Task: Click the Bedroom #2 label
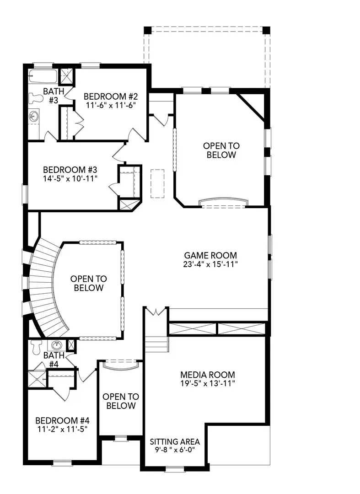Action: [x=111, y=96]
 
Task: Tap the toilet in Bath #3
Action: [x=35, y=98]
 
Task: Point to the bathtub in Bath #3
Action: [x=43, y=76]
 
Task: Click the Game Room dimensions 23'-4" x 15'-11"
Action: [x=210, y=264]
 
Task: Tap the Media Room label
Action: [x=208, y=375]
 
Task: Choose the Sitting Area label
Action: [x=175, y=442]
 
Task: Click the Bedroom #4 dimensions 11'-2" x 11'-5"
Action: [x=62, y=429]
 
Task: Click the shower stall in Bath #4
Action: [x=37, y=379]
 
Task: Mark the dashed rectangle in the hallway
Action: [x=157, y=184]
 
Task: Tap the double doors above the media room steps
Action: [x=156, y=311]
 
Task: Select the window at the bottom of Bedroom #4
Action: [x=62, y=463]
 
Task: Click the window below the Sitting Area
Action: [x=175, y=469]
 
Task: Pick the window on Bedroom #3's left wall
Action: [x=25, y=194]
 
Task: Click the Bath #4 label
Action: [x=54, y=360]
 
